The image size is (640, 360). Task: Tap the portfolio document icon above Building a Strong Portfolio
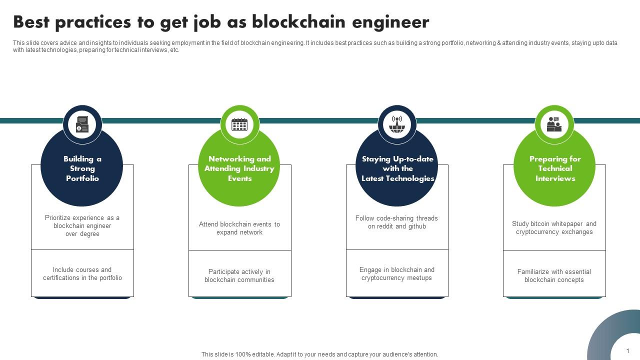coord(82,124)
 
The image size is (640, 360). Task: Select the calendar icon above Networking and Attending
coord(239,124)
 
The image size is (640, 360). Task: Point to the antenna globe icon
coord(397,124)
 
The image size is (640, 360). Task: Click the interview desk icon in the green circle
coord(554,124)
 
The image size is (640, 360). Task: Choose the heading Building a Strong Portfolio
coord(82,168)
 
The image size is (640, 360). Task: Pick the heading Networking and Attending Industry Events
coord(239,168)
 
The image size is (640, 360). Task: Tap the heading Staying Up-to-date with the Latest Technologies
coord(397,168)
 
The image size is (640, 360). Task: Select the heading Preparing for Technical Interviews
coord(555,168)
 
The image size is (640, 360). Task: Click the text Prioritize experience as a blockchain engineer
coord(82,226)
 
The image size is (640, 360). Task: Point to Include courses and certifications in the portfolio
coord(82,273)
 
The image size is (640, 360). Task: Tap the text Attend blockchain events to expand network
coord(239,228)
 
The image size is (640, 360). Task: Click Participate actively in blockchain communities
coord(239,275)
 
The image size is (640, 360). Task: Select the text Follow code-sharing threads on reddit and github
coord(396,222)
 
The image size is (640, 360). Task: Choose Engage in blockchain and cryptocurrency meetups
coord(396,273)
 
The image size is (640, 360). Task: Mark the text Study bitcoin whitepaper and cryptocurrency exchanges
coord(554,227)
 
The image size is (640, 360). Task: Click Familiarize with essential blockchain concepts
coord(554,275)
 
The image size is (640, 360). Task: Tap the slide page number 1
coord(627,351)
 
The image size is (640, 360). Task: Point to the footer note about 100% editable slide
coord(319,354)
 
